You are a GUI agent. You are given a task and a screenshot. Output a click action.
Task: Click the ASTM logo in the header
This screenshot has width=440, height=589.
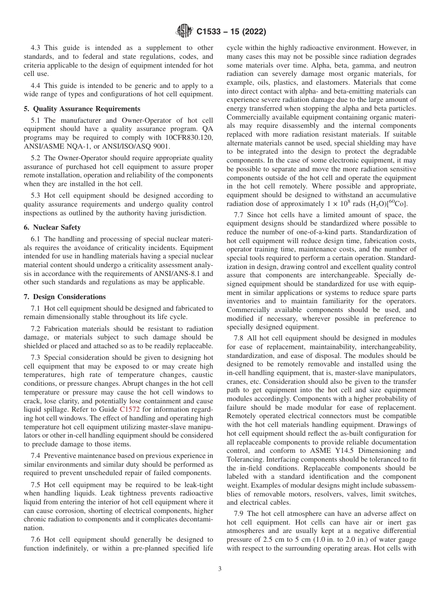click(x=185, y=31)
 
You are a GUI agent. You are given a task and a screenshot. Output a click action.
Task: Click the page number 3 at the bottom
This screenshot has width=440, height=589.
click(x=220, y=569)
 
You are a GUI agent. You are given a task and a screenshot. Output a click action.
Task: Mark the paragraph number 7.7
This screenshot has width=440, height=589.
click(x=239, y=215)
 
